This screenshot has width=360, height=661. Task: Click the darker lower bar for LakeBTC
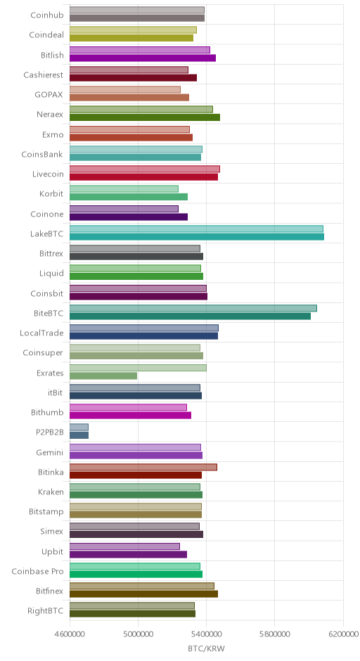[x=196, y=237]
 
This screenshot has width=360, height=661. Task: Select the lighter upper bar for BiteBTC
[x=193, y=308]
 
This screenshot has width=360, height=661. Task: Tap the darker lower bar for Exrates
[x=103, y=376]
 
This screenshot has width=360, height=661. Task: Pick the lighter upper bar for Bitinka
[x=143, y=467]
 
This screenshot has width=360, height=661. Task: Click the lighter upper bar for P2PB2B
[x=79, y=427]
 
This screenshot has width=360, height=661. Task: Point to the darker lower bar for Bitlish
[x=143, y=58]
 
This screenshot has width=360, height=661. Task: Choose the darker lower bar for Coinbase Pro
[x=136, y=575]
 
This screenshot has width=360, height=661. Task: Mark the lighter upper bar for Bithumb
[x=128, y=407]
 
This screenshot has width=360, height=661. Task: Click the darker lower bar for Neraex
[x=145, y=117]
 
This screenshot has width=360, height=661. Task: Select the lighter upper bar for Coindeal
[x=133, y=30]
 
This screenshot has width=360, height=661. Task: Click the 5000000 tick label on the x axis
[x=138, y=634]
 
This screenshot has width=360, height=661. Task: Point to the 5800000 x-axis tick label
[x=274, y=634]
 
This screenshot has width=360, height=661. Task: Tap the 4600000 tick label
[x=70, y=634]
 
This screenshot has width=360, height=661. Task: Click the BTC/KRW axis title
[x=207, y=649]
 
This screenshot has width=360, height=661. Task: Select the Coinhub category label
[x=47, y=15]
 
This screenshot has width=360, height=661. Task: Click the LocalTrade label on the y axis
[x=41, y=333]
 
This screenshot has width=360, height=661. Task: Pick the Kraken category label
[x=51, y=492]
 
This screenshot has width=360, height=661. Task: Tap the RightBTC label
[x=46, y=611]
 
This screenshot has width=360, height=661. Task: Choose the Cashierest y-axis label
[x=44, y=75]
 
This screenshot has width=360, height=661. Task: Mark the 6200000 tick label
[x=343, y=634]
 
